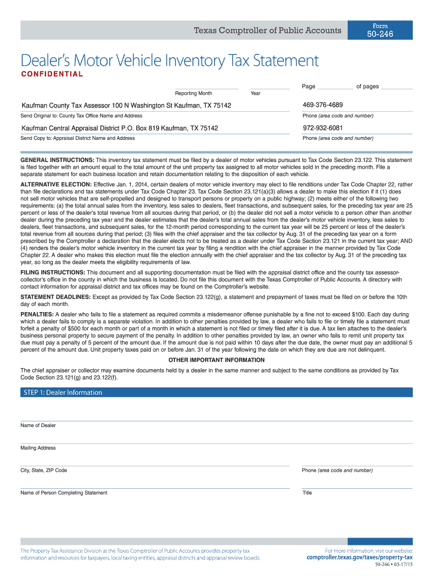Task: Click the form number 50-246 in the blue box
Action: point(380,35)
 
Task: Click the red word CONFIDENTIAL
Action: point(52,74)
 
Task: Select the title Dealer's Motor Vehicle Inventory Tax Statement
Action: point(169,60)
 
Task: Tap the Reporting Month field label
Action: point(194,93)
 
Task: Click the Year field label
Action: point(255,93)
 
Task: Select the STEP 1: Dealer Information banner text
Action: point(63,393)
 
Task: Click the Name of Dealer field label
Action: point(38,425)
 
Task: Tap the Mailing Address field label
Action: point(38,448)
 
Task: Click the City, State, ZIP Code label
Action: point(44,471)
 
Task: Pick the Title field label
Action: point(307,493)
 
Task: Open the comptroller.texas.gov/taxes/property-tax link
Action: point(360,557)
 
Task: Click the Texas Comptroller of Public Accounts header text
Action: point(268,30)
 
